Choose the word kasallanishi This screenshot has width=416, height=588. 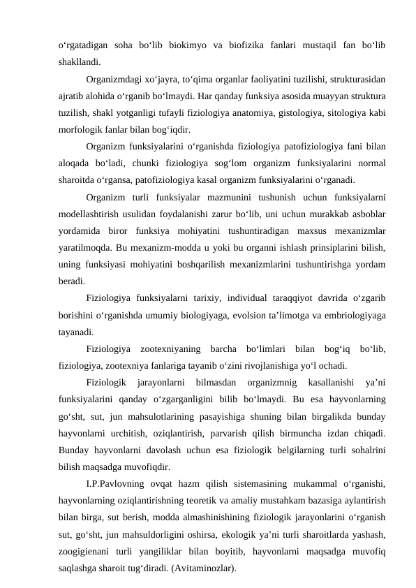pyautogui.click(x=322, y=382)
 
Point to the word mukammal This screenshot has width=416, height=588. pyautogui.click(x=304, y=483)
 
